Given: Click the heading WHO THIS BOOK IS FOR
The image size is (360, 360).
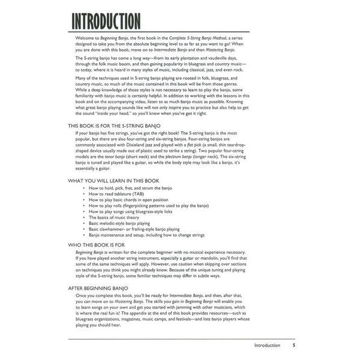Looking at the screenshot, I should [x=97, y=246].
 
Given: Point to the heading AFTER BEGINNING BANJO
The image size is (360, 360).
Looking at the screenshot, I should [x=99, y=289].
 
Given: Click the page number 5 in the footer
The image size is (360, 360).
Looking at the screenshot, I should [x=294, y=346].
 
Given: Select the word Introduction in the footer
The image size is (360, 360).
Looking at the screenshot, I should [x=267, y=346].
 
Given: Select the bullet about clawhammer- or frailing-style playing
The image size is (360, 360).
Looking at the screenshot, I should [x=134, y=229].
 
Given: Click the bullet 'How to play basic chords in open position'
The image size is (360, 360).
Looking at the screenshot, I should [x=128, y=200].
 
